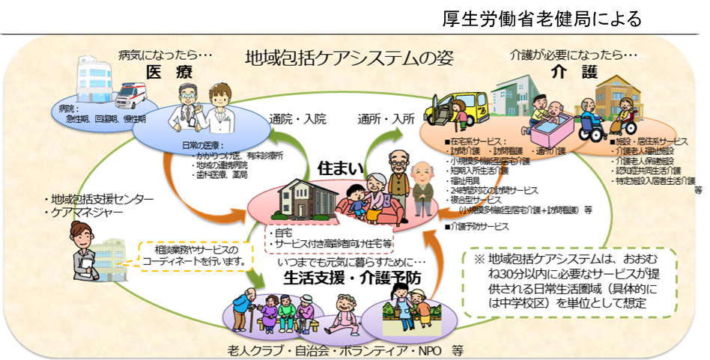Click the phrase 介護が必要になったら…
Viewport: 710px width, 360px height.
point(574,55)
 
